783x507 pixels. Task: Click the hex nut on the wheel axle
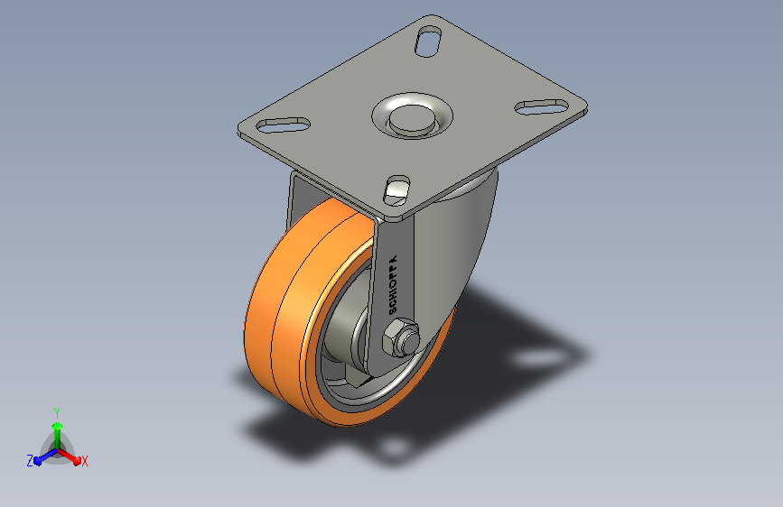[396, 337]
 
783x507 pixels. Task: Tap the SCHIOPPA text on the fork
[393, 285]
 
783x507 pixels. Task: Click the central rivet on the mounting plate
[412, 119]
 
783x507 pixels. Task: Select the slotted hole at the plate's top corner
[428, 41]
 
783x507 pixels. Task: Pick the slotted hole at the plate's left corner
[284, 124]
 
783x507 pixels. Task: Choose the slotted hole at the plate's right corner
[542, 106]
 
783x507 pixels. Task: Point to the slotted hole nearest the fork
[397, 190]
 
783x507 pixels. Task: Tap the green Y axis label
[57, 413]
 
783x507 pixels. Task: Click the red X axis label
[84, 461]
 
